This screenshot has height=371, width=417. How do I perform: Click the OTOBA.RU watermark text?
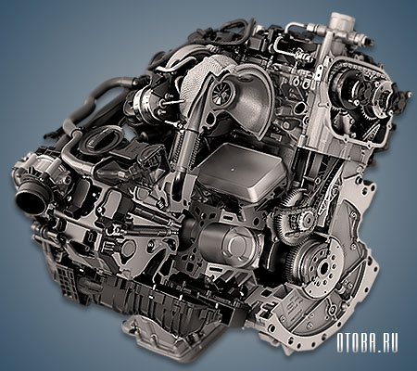point(367,342)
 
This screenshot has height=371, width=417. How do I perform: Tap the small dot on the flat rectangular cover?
point(233,170)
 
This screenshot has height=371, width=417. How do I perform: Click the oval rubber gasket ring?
point(104,140)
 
